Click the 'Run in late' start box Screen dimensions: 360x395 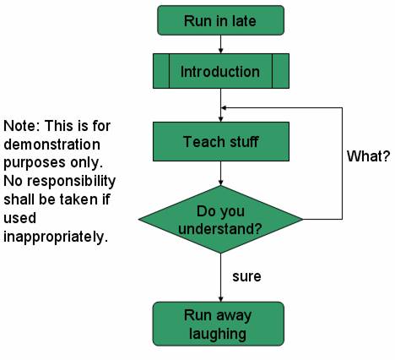coord(220,20)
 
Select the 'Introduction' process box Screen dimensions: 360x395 coord(220,71)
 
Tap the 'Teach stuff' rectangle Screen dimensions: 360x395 coord(220,141)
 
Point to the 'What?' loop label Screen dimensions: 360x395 coord(368,156)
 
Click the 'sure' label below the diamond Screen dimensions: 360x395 coord(246,276)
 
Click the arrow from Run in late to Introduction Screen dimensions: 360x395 coord(220,44)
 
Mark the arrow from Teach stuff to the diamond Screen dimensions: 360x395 coord(220,173)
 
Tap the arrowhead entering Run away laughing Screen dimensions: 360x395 coord(220,297)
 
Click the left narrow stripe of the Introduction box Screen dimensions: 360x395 coord(161,71)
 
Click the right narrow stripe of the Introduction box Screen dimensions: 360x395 coord(280,71)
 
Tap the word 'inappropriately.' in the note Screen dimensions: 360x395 coord(56,237)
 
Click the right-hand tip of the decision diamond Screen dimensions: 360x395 coord(301,220)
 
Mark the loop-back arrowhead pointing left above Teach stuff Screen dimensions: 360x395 coord(225,108)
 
